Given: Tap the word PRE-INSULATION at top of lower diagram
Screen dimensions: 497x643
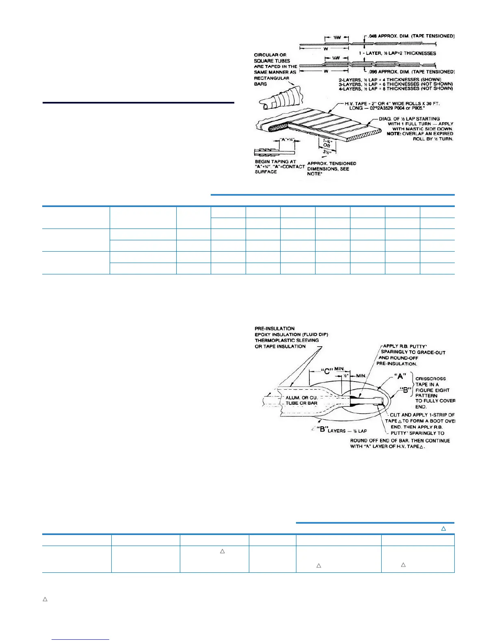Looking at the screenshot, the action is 274,328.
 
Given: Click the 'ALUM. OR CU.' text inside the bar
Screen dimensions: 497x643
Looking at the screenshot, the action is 301,398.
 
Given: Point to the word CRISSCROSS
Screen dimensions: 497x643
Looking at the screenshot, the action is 430,379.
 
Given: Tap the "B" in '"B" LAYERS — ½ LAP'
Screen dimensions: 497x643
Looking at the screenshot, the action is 323,430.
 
